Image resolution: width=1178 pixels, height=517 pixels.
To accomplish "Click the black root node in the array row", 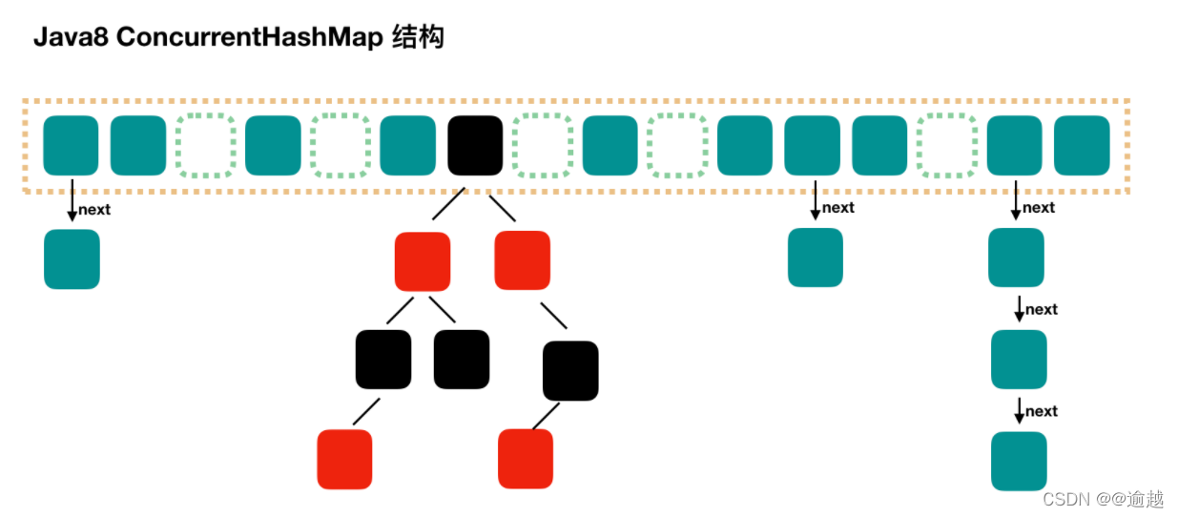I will click(x=475, y=145).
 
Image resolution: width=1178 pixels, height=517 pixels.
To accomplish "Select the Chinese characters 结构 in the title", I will click(x=418, y=38).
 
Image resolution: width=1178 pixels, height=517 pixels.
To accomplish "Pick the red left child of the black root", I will click(x=423, y=261).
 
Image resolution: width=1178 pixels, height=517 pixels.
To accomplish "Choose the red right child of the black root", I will click(x=523, y=260).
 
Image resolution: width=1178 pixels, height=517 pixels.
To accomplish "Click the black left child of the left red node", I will click(x=383, y=360).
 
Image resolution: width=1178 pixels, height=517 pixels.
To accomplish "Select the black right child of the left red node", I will click(x=462, y=360).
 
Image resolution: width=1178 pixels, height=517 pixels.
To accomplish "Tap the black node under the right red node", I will click(x=570, y=370).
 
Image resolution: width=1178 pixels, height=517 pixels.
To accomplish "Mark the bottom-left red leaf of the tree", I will click(x=344, y=459).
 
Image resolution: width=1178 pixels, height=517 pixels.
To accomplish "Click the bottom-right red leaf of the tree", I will click(x=526, y=459).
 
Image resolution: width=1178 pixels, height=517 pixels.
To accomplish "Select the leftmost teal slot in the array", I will click(x=72, y=145).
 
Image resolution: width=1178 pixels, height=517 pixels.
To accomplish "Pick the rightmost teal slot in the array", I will click(x=1082, y=145).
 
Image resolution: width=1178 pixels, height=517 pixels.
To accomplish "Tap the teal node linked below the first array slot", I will click(x=72, y=258).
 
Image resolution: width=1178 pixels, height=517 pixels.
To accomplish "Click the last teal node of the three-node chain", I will click(x=1019, y=461).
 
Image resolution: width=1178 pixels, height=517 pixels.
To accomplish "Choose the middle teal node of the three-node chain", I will click(x=1019, y=359).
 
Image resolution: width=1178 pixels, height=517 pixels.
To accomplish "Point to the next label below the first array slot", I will click(x=94, y=210).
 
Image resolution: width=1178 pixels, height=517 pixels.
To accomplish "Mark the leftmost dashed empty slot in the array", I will click(x=205, y=145).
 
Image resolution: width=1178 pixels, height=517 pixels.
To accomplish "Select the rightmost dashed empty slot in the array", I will click(x=946, y=145).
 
